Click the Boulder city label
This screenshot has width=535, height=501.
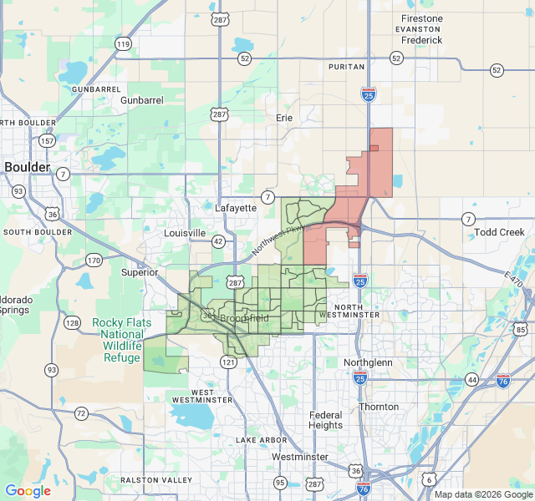pos(28,167)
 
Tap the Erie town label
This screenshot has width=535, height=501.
pos(284,118)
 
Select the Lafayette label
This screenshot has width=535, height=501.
pos(236,208)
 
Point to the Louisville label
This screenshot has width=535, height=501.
pos(185,233)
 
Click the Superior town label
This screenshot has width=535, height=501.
pos(139,272)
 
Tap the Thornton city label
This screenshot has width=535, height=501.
pos(379,407)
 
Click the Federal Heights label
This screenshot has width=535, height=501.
pos(325,420)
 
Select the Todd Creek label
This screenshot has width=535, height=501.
pos(499,232)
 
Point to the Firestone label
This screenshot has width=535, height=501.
pos(421,18)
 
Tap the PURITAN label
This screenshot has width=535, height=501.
pos(347,66)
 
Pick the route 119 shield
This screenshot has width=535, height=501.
pos(123,43)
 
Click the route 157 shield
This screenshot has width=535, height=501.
pos(47,140)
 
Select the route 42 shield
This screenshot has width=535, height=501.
pos(218,241)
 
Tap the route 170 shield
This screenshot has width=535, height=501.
pos(94,261)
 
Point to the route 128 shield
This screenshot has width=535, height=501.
pos(74,323)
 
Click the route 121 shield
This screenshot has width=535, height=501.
pos(228,362)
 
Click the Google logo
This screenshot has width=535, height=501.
pos(28,491)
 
